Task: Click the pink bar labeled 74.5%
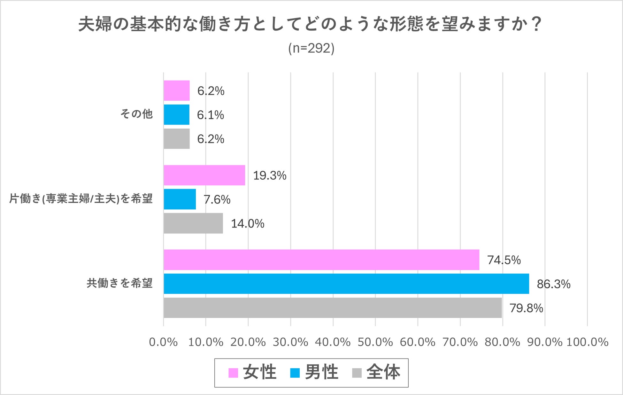321,260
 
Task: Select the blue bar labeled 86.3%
346,284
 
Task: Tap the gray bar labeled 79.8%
333,308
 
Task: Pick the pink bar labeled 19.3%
204,175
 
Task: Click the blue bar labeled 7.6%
180,199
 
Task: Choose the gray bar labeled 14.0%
193,223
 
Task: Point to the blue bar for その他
176,114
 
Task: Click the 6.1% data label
211,115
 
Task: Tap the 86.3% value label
554,284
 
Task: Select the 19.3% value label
270,175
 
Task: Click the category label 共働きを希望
120,283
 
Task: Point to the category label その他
136,114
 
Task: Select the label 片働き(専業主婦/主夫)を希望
81,199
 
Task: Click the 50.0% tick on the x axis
375,342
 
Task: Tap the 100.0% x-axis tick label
587,342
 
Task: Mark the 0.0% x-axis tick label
163,342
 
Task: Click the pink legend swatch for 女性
233,373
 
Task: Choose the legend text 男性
321,372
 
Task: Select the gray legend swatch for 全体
357,373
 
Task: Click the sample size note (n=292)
311,48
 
